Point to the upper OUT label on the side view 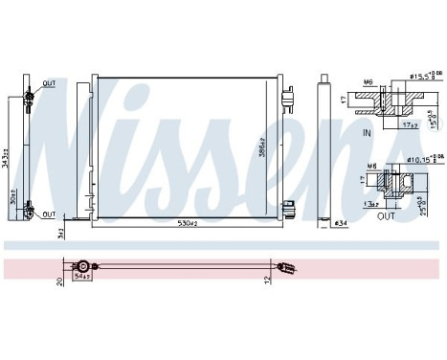point(49,83)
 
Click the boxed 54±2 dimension point(84,278)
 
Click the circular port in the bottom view point(83,266)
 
